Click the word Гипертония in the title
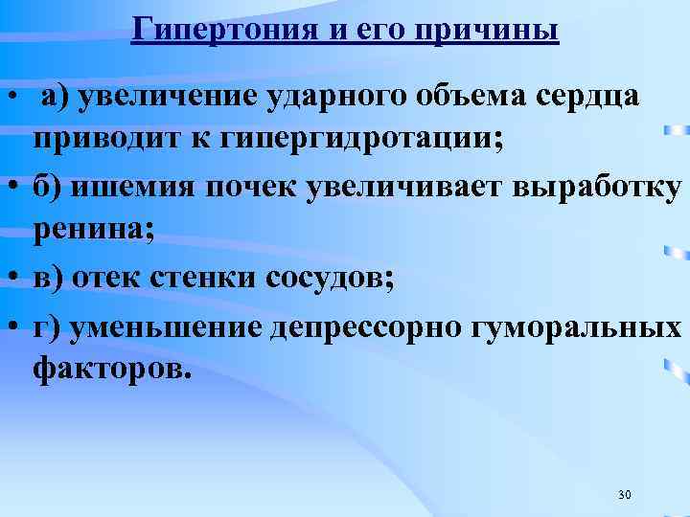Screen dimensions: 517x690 pos(213,29)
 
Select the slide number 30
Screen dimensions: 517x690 pos(625,494)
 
